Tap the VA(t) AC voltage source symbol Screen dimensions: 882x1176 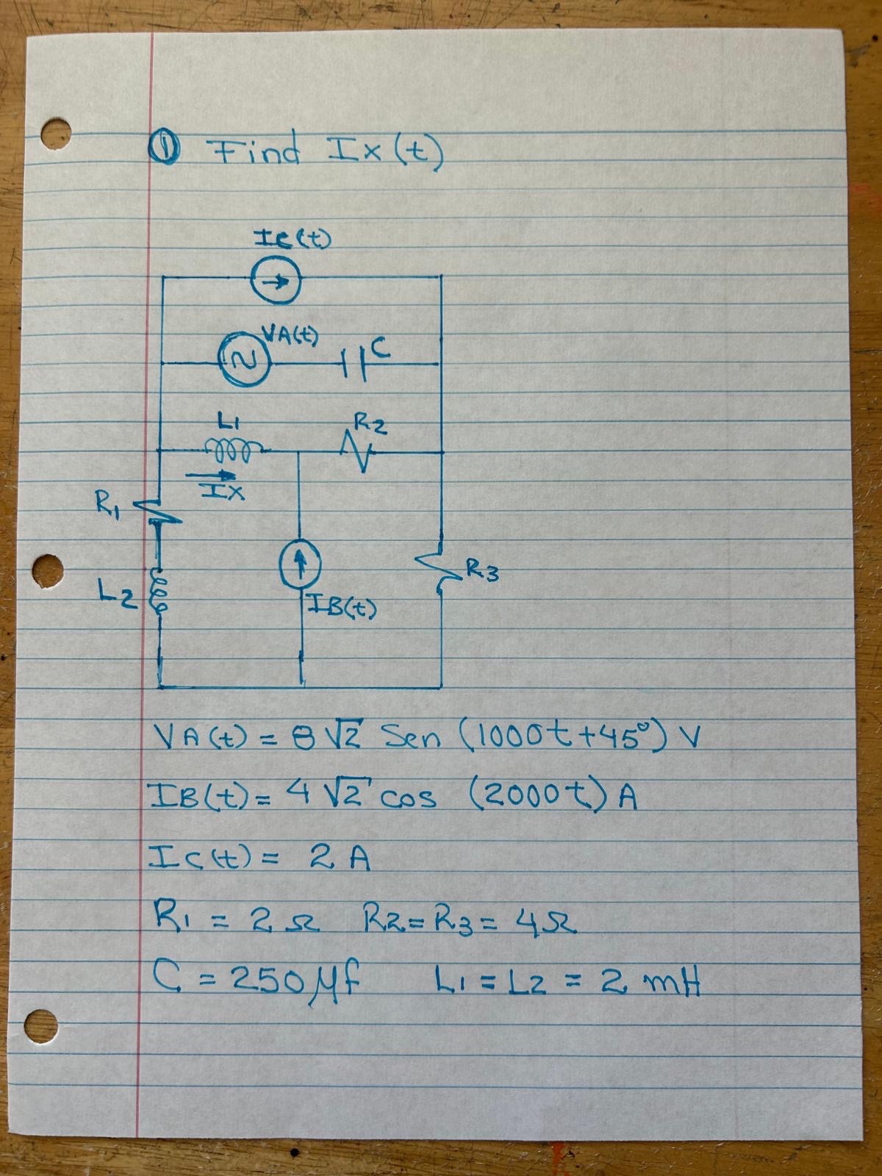pyautogui.click(x=242, y=361)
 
